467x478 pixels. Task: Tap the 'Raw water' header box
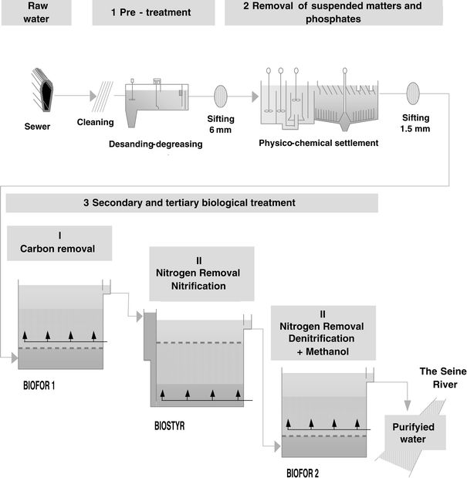coord(39,13)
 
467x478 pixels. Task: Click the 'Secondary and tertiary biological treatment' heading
coord(191,203)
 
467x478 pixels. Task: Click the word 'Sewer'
coord(36,126)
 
